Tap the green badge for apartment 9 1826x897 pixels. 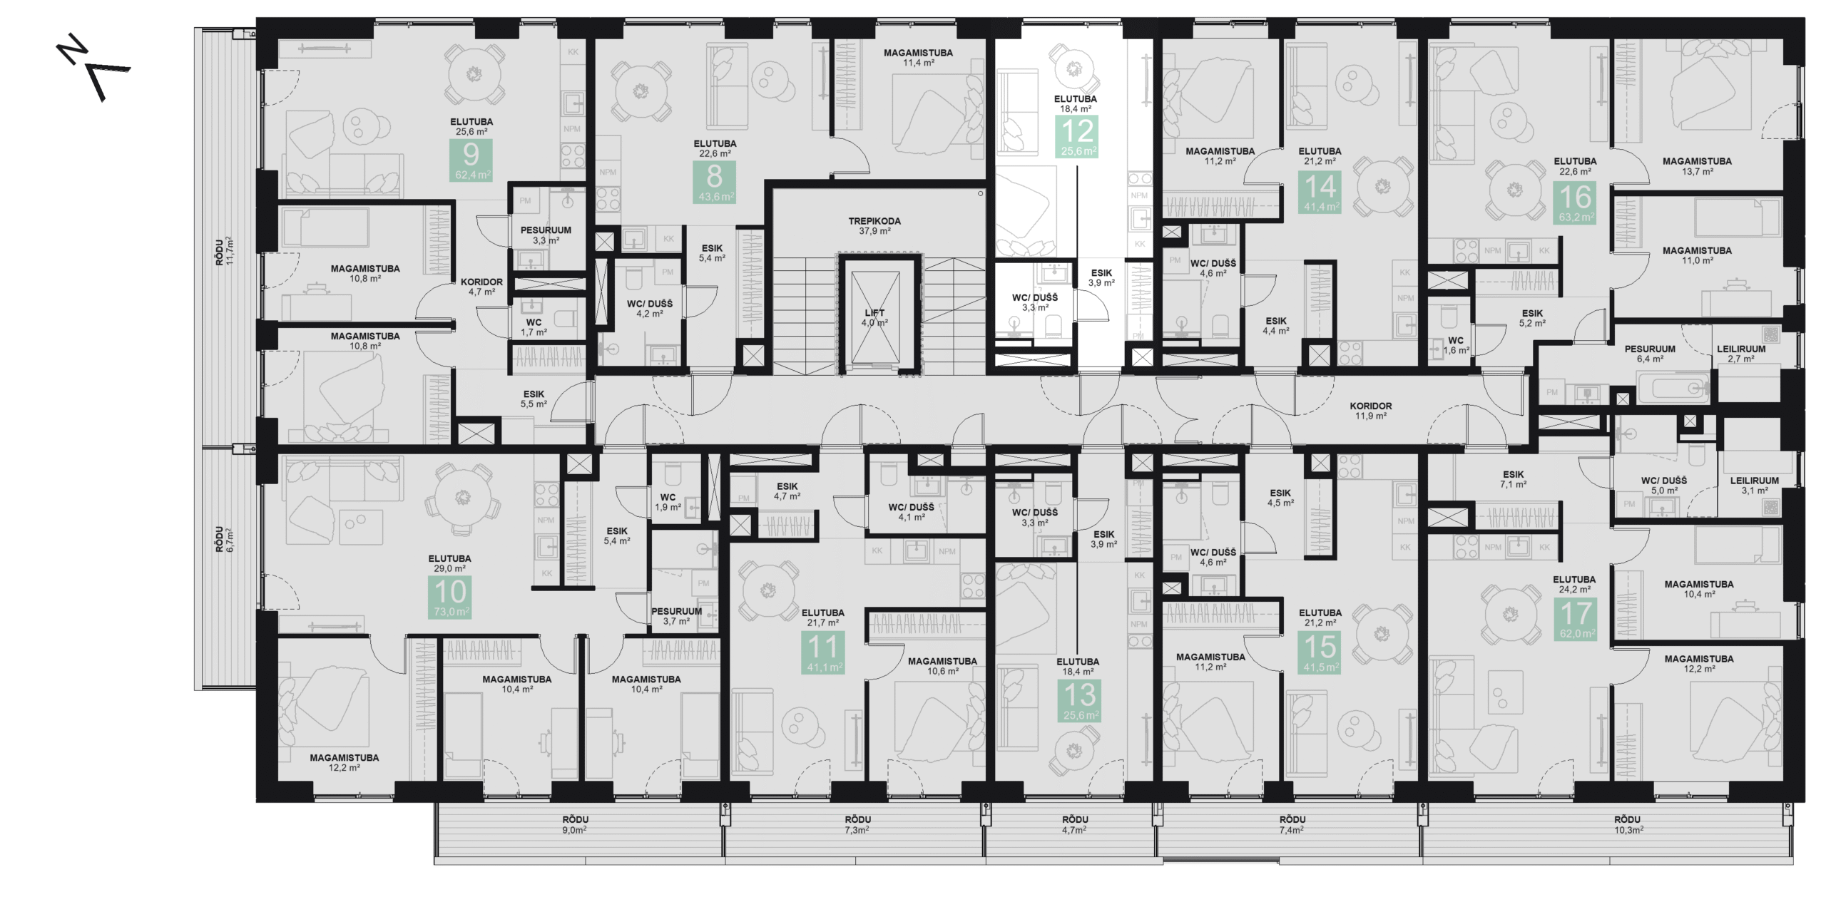[471, 160]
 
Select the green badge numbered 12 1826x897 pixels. [1078, 137]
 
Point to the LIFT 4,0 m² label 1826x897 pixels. [874, 318]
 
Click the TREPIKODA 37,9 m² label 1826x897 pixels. [874, 226]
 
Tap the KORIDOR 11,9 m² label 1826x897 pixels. [1370, 411]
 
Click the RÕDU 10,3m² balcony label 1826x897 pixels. [1628, 825]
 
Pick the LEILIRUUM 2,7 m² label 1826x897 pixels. [1741, 354]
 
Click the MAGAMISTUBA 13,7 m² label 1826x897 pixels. [1697, 166]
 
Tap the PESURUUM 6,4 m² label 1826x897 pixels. [1649, 354]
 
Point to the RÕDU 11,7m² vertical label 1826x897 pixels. [224, 251]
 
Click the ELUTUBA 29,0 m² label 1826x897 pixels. [449, 563]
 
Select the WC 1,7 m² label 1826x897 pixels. [534, 327]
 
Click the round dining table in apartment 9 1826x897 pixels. [474, 74]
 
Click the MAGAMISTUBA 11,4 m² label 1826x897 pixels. [918, 58]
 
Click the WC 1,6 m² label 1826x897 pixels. [1455, 345]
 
